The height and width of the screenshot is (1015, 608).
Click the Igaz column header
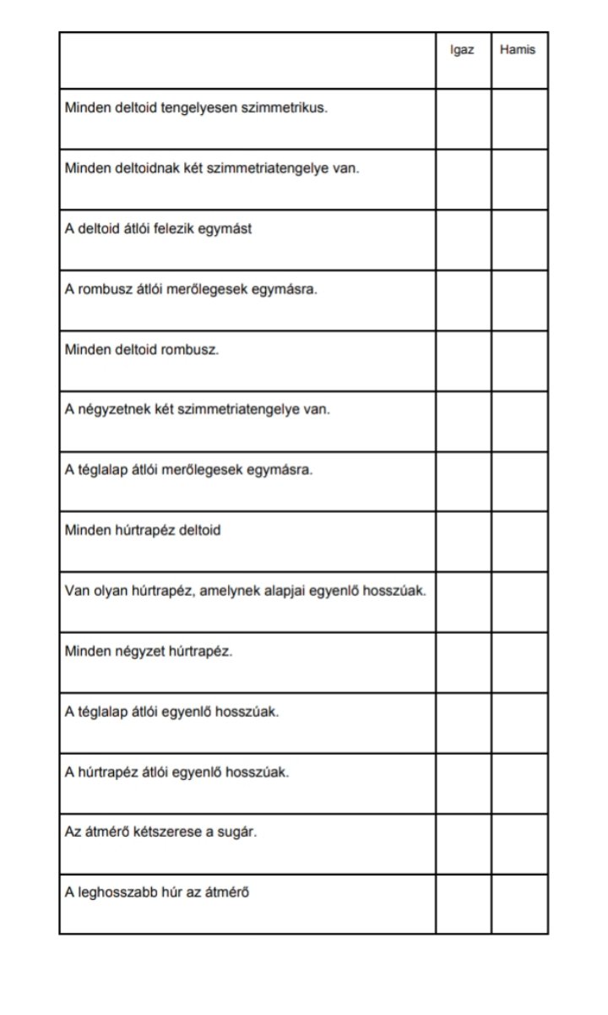pos(462,50)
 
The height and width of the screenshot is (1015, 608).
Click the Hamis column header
pos(518,50)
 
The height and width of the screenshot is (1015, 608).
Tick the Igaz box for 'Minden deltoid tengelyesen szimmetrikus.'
pos(464,119)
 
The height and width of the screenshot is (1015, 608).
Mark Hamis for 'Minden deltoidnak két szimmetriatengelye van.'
pos(519,179)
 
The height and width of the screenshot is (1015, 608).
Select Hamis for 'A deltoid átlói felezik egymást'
pos(519,240)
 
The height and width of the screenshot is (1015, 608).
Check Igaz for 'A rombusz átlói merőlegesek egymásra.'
pos(464,300)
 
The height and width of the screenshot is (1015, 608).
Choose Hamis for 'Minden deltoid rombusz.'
pos(519,361)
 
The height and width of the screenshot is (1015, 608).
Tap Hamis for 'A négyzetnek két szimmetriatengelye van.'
pos(519,421)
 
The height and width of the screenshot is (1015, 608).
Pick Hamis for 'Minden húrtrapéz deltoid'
pos(519,542)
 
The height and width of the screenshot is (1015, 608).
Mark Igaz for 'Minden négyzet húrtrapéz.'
pos(464,663)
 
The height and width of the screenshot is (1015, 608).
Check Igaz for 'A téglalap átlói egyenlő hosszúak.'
pos(464,723)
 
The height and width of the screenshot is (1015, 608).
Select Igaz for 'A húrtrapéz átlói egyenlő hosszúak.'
pos(464,783)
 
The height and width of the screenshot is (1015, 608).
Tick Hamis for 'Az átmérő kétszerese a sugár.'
pos(519,844)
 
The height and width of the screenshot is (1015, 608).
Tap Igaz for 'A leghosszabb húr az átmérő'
pos(464,904)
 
